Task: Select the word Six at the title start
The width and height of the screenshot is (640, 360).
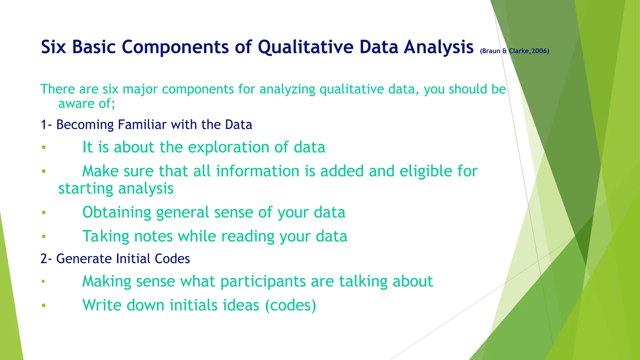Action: click(53, 47)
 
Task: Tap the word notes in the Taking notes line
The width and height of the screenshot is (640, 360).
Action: click(153, 236)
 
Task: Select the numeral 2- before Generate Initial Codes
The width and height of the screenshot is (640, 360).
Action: click(47, 259)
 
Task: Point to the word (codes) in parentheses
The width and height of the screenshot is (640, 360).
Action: click(290, 305)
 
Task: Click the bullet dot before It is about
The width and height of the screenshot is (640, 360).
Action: click(44, 147)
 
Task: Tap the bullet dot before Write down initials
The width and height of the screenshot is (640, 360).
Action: click(44, 305)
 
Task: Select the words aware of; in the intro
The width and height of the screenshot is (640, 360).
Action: click(87, 104)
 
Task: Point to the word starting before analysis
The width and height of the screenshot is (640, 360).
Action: click(86, 188)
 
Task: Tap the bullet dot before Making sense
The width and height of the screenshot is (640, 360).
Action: click(44, 282)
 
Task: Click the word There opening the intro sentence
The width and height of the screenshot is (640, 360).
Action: click(58, 89)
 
